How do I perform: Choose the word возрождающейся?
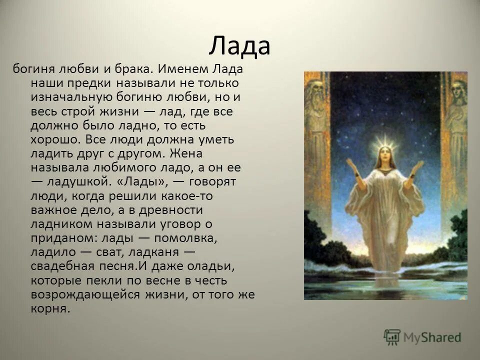pyautogui.click(x=84, y=294)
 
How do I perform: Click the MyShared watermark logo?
pyautogui.click(x=422, y=337)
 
